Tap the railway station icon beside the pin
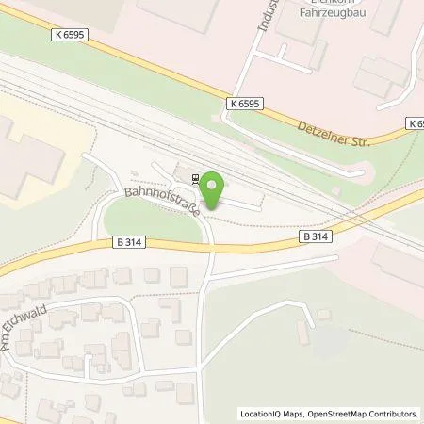point(195,177)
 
